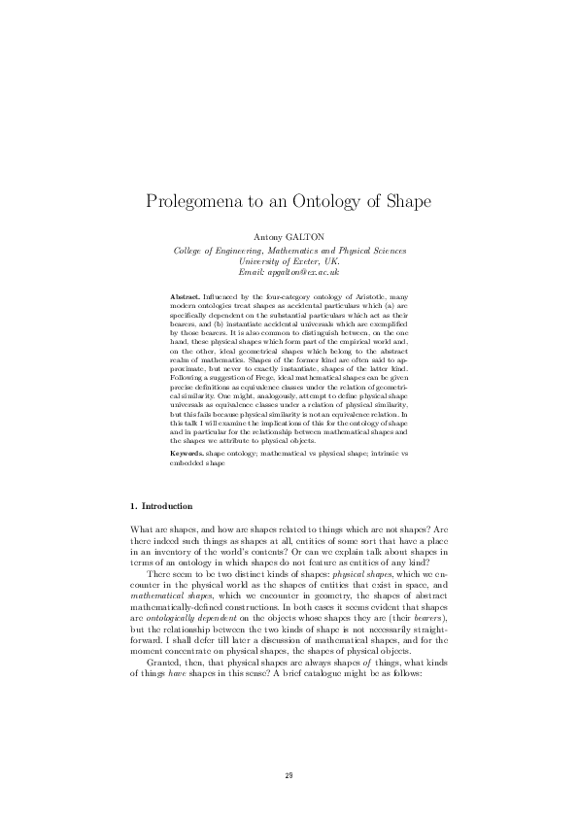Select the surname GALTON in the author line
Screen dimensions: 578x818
tap(304, 236)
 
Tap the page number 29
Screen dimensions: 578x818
tap(289, 774)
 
